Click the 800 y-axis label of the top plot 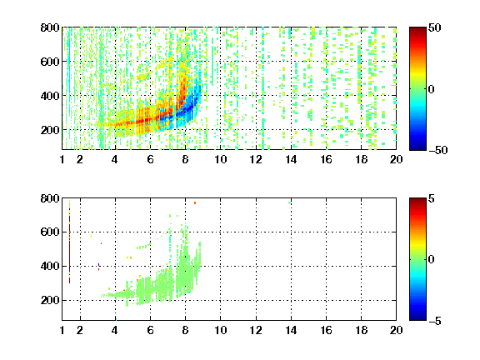click(50, 27)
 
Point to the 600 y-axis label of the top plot click(50, 62)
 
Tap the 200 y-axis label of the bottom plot click(50, 300)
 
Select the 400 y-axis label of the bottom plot click(50, 266)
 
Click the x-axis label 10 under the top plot click(220, 159)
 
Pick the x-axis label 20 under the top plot click(396, 159)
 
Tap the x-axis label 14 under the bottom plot click(291, 330)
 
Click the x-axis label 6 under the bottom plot click(150, 330)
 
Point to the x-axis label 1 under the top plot click(62, 159)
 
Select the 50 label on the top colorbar click(435, 27)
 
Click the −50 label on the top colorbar click(437, 150)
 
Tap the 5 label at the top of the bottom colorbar click(432, 198)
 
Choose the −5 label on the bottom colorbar click(435, 321)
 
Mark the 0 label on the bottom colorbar click(432, 260)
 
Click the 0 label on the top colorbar click(432, 89)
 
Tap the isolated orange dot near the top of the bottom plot click(195, 203)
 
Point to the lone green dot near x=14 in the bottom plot click(290, 202)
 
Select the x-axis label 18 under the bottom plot click(361, 330)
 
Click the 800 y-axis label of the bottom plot click(50, 198)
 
